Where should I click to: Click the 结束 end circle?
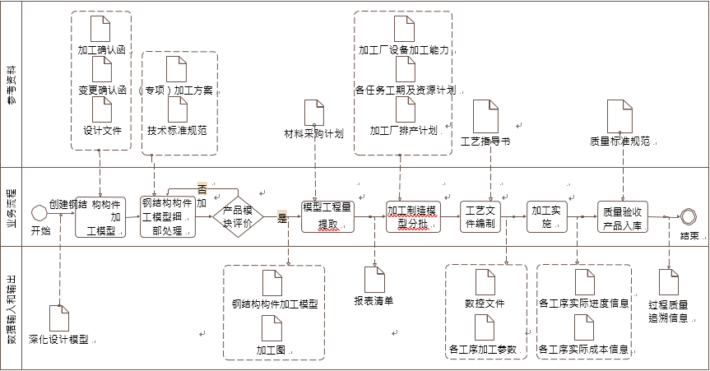tap(688, 216)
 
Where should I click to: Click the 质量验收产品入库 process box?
tap(629, 216)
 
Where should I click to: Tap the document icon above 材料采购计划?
tap(314, 112)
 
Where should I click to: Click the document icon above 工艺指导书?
tap(485, 116)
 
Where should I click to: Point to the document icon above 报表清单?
tap(374, 280)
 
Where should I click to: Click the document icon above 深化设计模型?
tap(59, 318)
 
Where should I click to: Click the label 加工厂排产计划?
tap(403, 130)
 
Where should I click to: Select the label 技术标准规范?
tap(177, 130)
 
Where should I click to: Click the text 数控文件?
tap(485, 304)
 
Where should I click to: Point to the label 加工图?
tap(272, 350)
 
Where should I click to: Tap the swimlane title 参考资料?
tap(12, 84)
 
